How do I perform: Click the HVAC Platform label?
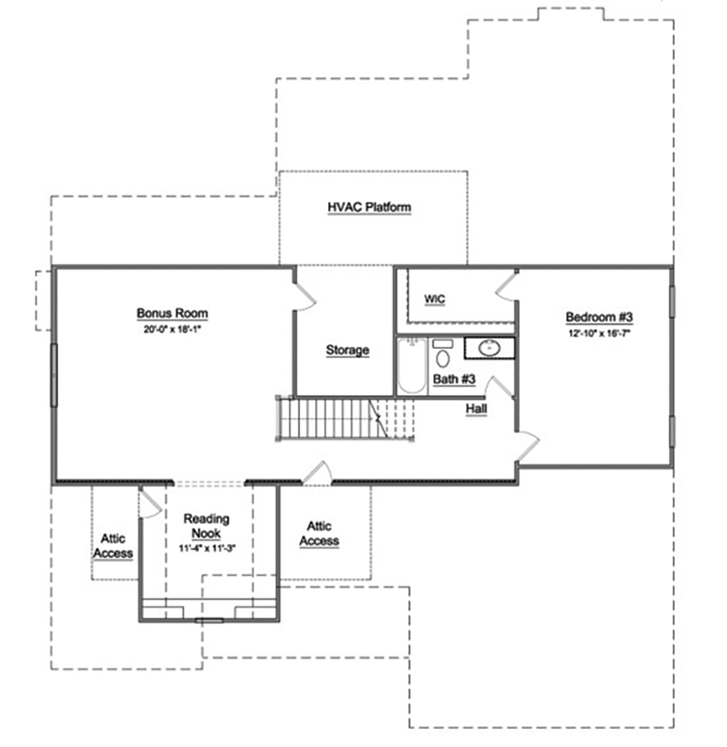click(x=369, y=207)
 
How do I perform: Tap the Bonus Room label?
click(x=172, y=313)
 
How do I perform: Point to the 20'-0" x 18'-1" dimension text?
click(x=172, y=329)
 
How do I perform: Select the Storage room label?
click(x=348, y=350)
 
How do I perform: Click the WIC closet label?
click(x=435, y=299)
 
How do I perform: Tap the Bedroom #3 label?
click(x=599, y=317)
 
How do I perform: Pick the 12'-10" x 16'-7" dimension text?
click(x=599, y=333)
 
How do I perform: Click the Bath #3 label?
click(x=454, y=379)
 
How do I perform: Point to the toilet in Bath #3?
click(x=443, y=354)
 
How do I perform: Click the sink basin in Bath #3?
click(x=489, y=348)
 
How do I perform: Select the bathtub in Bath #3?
click(x=411, y=366)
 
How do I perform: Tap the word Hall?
click(x=476, y=409)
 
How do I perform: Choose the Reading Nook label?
click(x=206, y=525)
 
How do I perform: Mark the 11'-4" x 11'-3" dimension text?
click(x=208, y=548)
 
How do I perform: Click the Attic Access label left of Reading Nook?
click(x=113, y=546)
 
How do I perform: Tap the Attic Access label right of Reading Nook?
click(x=319, y=534)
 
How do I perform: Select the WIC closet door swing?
click(x=506, y=286)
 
